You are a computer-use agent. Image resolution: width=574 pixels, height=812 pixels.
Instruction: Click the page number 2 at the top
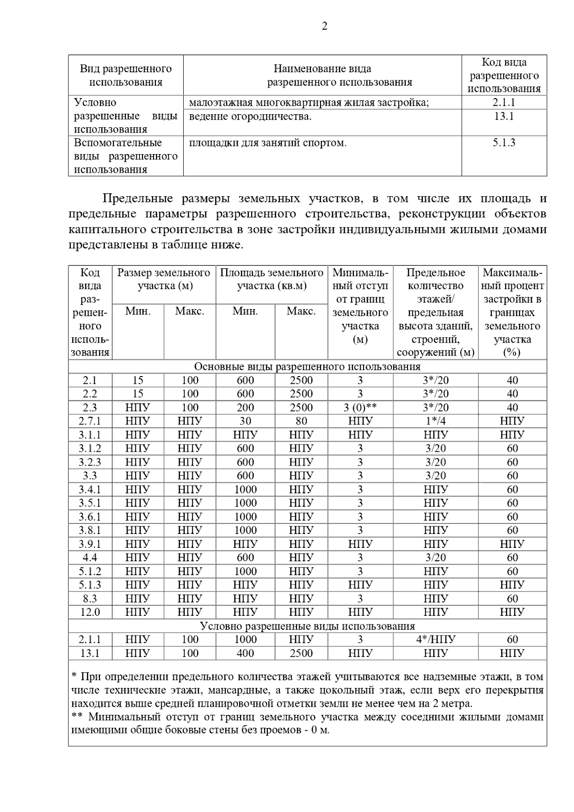click(x=324, y=26)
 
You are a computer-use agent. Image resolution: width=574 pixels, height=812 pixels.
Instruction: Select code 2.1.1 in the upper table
click(x=504, y=102)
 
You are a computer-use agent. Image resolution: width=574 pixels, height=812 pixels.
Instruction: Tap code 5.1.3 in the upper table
click(x=504, y=143)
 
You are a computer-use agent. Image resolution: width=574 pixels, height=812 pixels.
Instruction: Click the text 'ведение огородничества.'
click(x=250, y=116)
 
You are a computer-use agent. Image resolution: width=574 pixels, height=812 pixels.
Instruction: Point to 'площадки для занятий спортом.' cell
click(x=268, y=143)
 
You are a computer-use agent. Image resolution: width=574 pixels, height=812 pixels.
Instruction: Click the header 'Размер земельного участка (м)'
click(x=164, y=279)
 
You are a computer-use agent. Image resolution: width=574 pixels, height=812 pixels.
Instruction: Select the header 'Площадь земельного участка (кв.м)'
click(x=272, y=279)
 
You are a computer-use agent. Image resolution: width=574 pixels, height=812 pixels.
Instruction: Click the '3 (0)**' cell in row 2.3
click(x=360, y=408)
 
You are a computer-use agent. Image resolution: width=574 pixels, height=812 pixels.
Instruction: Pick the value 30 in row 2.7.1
click(x=245, y=421)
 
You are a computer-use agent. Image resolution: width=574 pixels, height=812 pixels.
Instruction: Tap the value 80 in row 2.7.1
click(x=301, y=421)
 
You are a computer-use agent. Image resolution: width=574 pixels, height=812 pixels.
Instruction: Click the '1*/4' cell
click(x=435, y=421)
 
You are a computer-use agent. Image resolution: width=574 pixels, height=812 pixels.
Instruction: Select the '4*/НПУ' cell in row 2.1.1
click(x=435, y=639)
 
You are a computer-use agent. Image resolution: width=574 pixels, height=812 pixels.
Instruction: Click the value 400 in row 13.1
click(x=245, y=653)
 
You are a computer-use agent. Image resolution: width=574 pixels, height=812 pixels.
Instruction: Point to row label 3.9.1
click(x=90, y=544)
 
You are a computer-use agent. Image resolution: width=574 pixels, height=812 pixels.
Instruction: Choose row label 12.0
click(x=90, y=612)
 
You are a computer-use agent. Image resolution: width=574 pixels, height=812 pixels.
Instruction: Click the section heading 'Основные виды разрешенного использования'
click(x=307, y=367)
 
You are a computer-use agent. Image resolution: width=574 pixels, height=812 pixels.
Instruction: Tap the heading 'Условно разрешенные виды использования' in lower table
click(x=307, y=626)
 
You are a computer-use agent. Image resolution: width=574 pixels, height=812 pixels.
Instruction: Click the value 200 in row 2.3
click(x=245, y=408)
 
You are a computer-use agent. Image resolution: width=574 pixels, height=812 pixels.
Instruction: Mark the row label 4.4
click(x=90, y=557)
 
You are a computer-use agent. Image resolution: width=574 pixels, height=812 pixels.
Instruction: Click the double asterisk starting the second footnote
click(x=77, y=717)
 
